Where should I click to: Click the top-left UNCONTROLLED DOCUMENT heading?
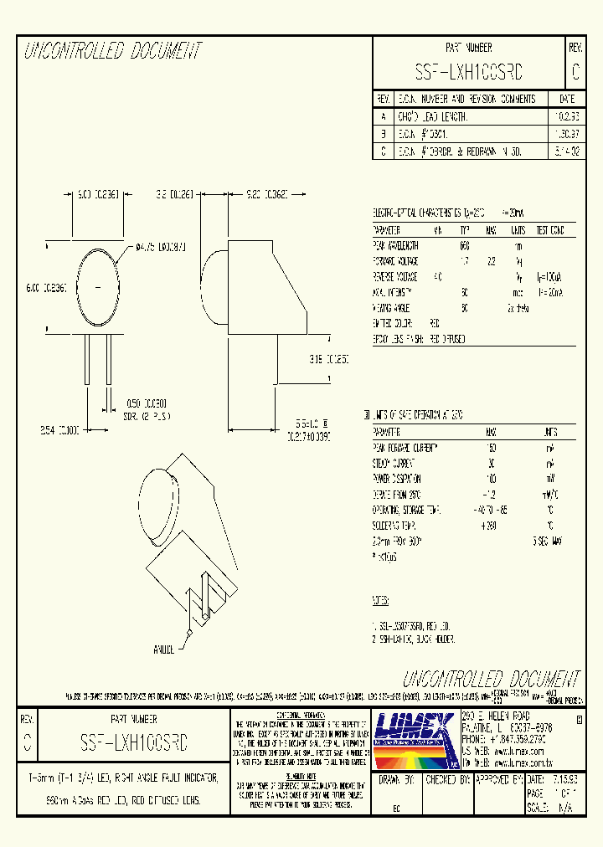tap(113, 52)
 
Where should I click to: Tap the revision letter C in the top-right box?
tap(575, 73)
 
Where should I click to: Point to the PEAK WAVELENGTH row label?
tap(395, 246)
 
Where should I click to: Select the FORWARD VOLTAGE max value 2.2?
tap(492, 260)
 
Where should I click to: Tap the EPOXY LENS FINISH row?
tap(418, 338)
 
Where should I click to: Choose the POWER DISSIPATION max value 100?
tap(491, 478)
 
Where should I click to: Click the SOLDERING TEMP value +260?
tap(489, 526)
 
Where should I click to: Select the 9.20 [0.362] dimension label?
tap(267, 194)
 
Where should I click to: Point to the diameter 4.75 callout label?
tap(161, 248)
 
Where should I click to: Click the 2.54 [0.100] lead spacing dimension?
tap(59, 429)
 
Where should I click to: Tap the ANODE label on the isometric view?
tap(164, 648)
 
